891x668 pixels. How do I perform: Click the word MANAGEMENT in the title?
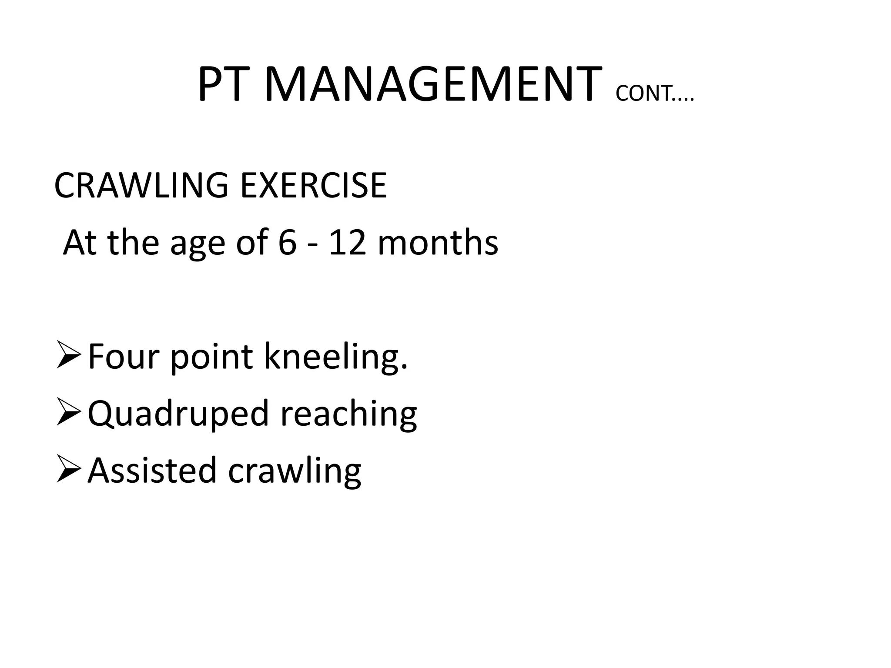pyautogui.click(x=433, y=85)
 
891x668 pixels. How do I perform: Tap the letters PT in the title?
pyautogui.click(x=225, y=85)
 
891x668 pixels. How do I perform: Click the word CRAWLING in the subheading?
pyautogui.click(x=141, y=186)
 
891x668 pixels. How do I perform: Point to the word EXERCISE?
pyautogui.click(x=313, y=186)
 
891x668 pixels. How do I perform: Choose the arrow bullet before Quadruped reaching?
pyautogui.click(x=68, y=414)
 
